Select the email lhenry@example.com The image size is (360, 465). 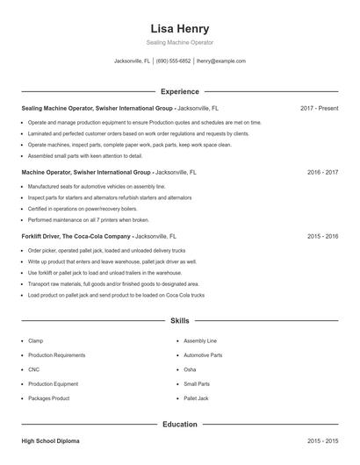pyautogui.click(x=221, y=61)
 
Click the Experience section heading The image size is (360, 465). pyautogui.click(x=179, y=91)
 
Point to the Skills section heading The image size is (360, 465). pyautogui.click(x=179, y=321)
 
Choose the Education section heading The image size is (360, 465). pyautogui.click(x=179, y=424)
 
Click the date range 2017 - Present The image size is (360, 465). pyautogui.click(x=319, y=108)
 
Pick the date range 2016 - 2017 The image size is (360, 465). pyautogui.click(x=322, y=172)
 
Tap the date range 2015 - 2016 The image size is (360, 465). pyautogui.click(x=322, y=236)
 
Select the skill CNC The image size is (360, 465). pyautogui.click(x=34, y=369)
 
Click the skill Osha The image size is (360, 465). pyautogui.click(x=190, y=369)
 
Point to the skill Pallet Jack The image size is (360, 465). pyautogui.click(x=196, y=398)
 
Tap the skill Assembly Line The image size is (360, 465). pyautogui.click(x=199, y=340)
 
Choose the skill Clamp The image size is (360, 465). pyautogui.click(x=35, y=340)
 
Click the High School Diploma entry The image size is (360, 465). pyautogui.click(x=50, y=440)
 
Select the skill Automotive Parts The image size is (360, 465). pyautogui.click(x=203, y=355)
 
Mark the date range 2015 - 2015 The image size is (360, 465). pyautogui.click(x=322, y=440)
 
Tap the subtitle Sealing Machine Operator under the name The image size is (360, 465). pyautogui.click(x=179, y=42)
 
